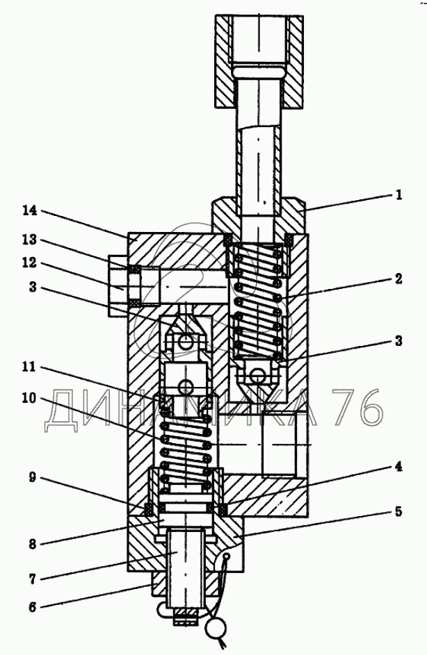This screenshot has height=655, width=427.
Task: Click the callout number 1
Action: pos(398,195)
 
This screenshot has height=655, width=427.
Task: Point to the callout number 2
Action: pos(398,279)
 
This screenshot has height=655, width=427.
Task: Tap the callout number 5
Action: pos(398,513)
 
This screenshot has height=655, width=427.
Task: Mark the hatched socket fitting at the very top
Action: pos(258,61)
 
